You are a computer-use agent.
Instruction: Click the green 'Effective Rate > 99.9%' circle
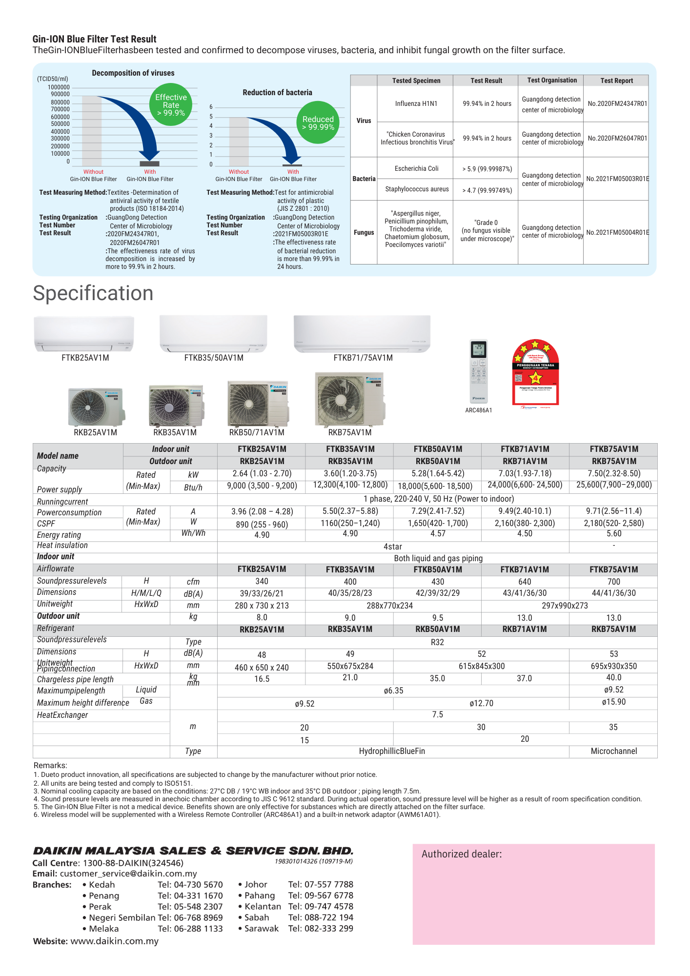pyautogui.click(x=171, y=105)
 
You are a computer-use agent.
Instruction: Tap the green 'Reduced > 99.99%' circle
pyautogui.click(x=318, y=122)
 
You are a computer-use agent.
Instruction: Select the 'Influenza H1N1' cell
pyautogui.click(x=416, y=103)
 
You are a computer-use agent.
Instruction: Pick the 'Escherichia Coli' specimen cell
pyautogui.click(x=416, y=168)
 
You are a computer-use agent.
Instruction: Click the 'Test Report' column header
pyautogui.click(x=616, y=81)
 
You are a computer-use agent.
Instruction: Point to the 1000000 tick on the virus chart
pyautogui.click(x=59, y=87)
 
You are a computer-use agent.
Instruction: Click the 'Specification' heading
pyautogui.click(x=93, y=293)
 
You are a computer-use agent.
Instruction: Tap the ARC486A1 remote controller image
pyautogui.click(x=478, y=371)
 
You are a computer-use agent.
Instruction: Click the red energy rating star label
pyautogui.click(x=535, y=373)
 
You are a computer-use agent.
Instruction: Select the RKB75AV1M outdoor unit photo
pyautogui.click(x=349, y=400)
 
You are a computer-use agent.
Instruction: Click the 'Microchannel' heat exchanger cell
pyautogui.click(x=613, y=751)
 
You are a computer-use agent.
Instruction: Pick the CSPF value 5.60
pyautogui.click(x=613, y=534)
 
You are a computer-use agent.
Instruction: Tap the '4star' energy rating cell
pyautogui.click(x=393, y=547)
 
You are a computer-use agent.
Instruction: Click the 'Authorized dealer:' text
pyautogui.click(x=462, y=854)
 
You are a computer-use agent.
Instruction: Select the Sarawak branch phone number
pyautogui.click(x=321, y=928)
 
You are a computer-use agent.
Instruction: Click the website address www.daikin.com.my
pyautogui.click(x=114, y=941)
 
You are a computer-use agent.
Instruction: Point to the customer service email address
pyautogui.click(x=128, y=874)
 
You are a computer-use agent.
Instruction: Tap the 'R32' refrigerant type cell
pyautogui.click(x=437, y=642)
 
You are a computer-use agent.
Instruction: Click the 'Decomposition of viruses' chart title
pyautogui.click(x=133, y=73)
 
